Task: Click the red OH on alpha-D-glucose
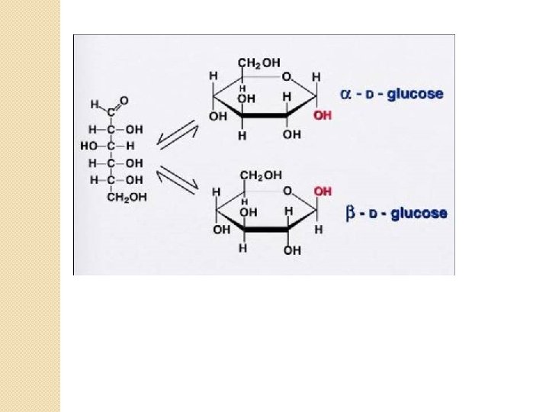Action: [x=323, y=115]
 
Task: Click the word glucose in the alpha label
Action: [x=415, y=95]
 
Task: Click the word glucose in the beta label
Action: [x=419, y=214]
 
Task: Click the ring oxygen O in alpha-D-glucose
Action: [x=286, y=76]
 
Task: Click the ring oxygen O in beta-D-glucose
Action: [x=286, y=190]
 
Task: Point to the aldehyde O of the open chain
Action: [x=124, y=101]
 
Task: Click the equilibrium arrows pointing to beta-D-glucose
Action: [x=177, y=181]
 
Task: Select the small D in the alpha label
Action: [x=371, y=95]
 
